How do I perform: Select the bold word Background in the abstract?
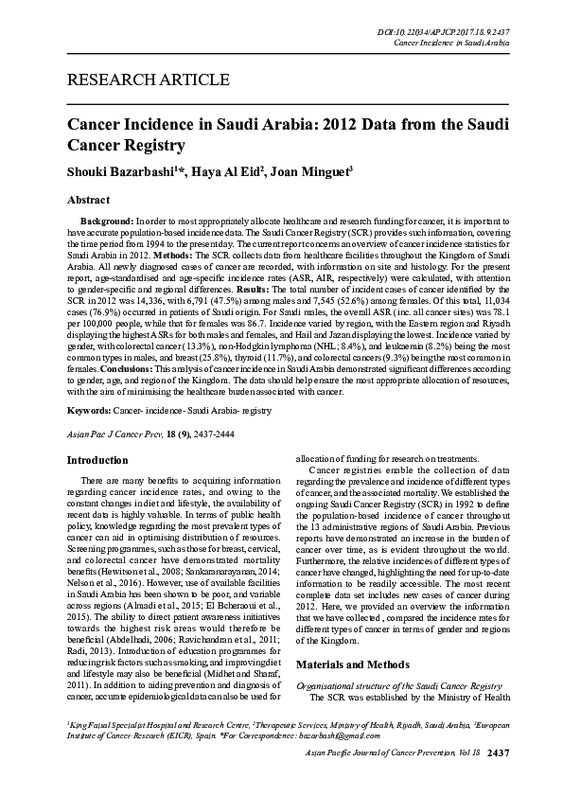coord(107,220)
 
